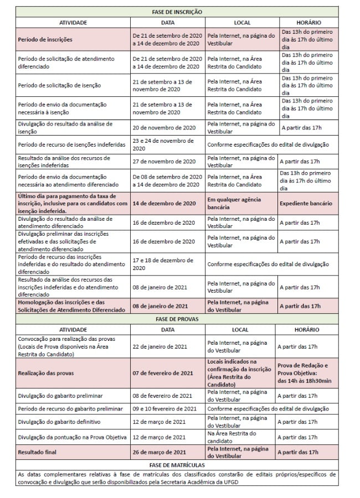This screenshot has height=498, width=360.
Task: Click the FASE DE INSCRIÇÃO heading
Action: [177, 12]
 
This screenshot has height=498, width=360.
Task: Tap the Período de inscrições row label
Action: [45, 40]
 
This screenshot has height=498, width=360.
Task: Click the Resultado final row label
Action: [39, 452]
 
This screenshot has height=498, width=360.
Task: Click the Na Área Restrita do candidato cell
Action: [232, 437]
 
